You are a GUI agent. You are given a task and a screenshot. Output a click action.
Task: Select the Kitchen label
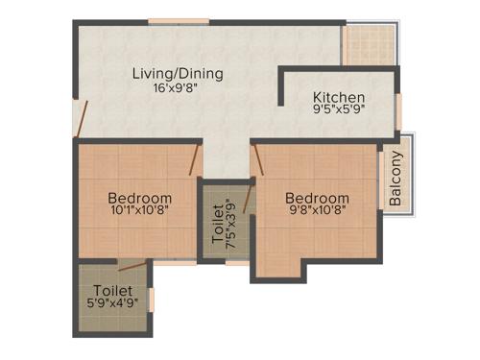pos(339,98)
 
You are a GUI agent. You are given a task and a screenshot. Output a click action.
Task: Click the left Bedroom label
pos(140,199)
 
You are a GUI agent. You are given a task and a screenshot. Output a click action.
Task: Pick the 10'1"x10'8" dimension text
pos(140,212)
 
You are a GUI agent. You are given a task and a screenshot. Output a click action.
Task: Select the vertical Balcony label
pos(396,178)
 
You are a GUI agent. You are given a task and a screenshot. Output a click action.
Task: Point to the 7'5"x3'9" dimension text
pos(230,223)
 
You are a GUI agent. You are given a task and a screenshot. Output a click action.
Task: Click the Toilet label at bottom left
pos(112,291)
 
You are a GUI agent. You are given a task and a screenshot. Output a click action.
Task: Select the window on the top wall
pos(179,21)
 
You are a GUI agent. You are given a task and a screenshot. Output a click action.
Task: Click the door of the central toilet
pos(248,201)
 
